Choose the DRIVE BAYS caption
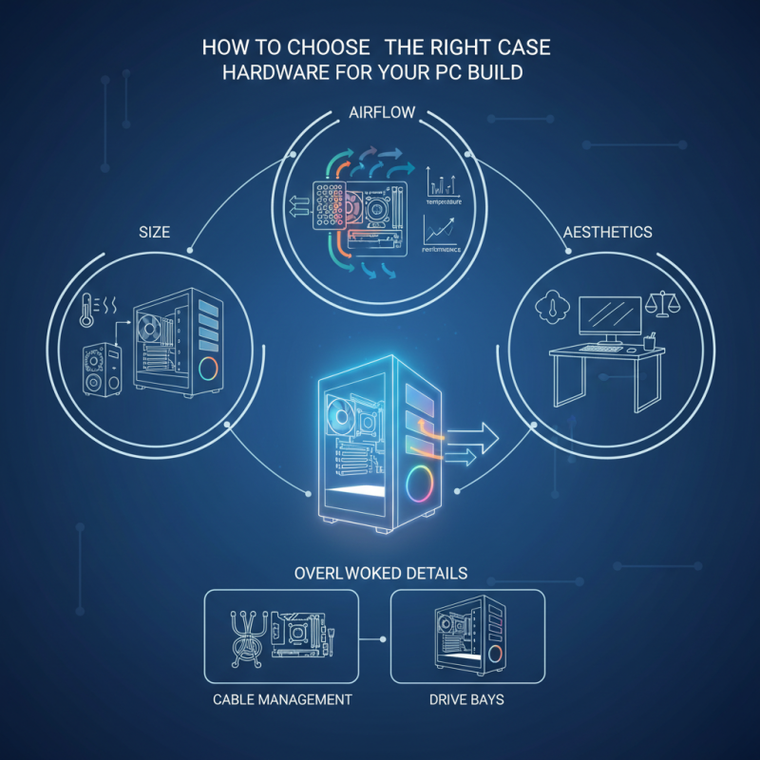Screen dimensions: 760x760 point(466,699)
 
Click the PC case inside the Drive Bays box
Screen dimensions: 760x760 point(467,636)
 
